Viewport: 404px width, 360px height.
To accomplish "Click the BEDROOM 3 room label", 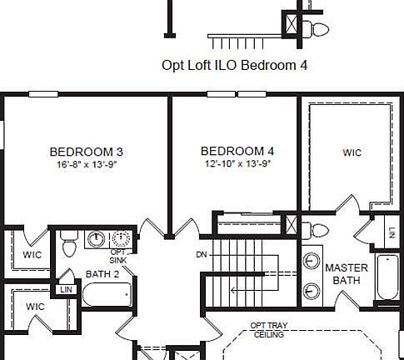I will pos(87,152).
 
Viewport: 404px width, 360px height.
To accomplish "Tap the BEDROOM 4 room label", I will pos(237,151).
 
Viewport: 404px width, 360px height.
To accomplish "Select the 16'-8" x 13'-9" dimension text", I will pos(87,164).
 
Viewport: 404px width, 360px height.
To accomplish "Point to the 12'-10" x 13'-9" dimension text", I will pos(237,163).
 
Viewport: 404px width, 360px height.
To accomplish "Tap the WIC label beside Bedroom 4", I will pos(352,152).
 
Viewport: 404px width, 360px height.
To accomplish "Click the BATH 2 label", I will pos(102,274).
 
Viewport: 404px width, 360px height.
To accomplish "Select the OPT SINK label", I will pos(120,256).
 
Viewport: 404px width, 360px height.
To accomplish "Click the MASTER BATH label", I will pos(347,274).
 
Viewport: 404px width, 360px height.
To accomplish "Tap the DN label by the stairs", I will pos(202,254).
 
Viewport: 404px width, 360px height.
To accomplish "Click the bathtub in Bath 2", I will pos(107,295).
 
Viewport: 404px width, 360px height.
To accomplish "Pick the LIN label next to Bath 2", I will pos(64,290).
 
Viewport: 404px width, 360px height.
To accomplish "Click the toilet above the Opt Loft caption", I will pos(317,30).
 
